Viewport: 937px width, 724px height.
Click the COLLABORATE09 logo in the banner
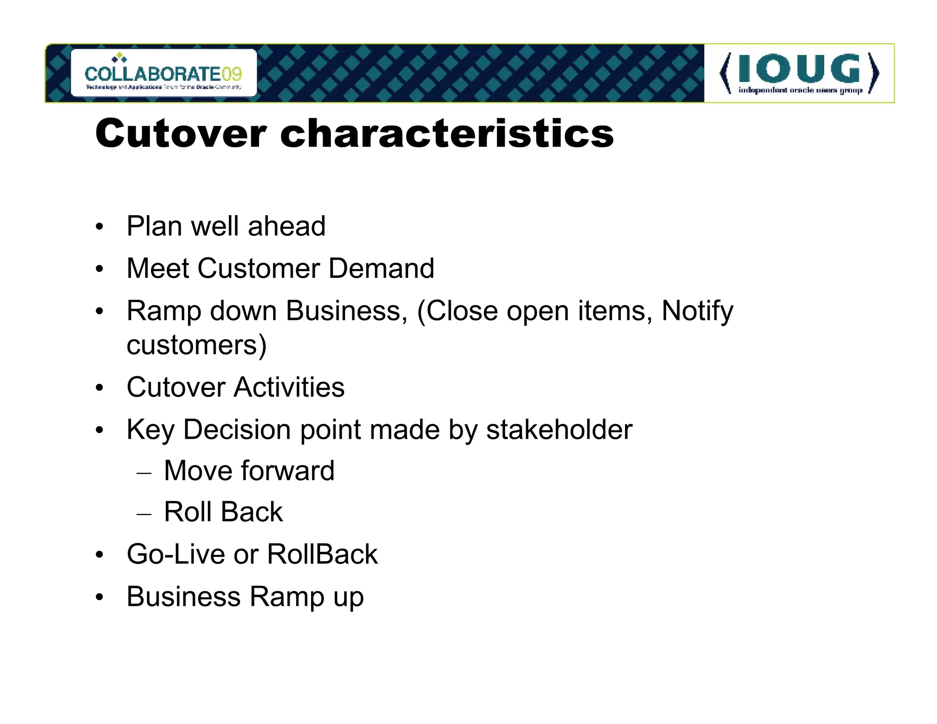click(163, 73)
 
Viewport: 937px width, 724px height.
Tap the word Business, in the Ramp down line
click(346, 311)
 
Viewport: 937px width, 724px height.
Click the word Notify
click(697, 311)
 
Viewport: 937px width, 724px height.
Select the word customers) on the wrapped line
click(196, 345)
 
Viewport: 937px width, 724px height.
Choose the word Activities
click(289, 387)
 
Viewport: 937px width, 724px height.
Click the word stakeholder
click(559, 430)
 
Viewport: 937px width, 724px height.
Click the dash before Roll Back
click(144, 514)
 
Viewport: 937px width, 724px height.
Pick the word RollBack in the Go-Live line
click(322, 554)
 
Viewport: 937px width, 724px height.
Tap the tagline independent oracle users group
click(800, 90)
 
